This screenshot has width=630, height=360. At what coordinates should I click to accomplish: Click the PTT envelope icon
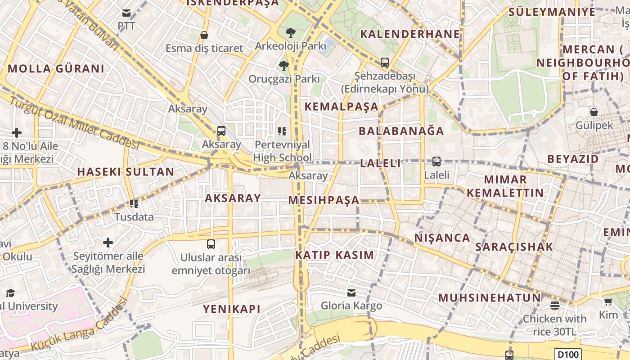point(126,13)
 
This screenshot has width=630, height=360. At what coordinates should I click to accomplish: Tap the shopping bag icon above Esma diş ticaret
point(204,35)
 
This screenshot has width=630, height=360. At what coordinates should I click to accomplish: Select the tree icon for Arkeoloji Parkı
point(291,32)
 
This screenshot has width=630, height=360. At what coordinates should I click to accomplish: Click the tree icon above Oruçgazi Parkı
point(284,66)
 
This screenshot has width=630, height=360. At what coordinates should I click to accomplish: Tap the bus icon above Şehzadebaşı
point(384,63)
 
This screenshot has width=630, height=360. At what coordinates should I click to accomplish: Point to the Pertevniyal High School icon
point(282,131)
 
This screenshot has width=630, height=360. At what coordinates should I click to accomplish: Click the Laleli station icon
point(436,162)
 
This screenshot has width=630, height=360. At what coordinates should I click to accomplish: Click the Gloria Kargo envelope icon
point(351,293)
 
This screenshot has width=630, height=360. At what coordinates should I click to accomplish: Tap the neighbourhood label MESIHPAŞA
point(324,200)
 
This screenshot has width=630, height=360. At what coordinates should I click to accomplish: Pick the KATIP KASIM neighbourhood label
point(334,255)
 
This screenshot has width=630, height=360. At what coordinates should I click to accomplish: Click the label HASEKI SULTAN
point(126,171)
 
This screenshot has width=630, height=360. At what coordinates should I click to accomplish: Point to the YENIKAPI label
point(232,309)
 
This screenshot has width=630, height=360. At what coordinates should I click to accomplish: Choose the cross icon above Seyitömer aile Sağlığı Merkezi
point(108,243)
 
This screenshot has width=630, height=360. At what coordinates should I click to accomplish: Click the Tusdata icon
point(134,204)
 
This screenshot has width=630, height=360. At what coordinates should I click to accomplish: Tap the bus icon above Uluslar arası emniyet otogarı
point(211,244)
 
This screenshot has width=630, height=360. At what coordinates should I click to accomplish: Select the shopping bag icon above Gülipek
point(594,112)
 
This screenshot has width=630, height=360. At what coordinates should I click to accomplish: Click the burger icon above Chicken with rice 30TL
point(554,305)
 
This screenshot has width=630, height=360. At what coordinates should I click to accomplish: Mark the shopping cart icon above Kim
point(608,301)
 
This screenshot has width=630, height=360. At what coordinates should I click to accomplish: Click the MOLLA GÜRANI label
point(56,69)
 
